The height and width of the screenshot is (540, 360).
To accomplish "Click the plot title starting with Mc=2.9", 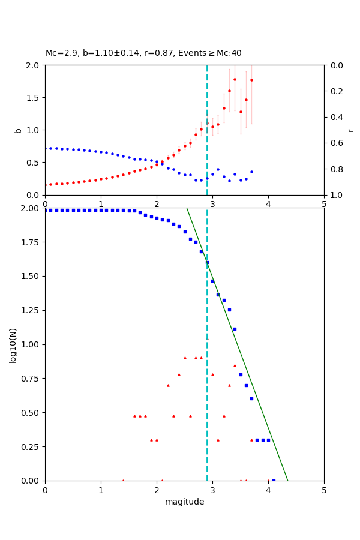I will tap(143, 53).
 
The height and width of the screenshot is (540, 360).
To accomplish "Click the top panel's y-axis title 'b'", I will tap(18, 130).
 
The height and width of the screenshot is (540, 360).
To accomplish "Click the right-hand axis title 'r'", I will tap(350, 130).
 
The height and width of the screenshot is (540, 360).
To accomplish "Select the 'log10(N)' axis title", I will tap(13, 344).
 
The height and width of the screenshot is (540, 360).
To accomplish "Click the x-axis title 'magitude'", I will tap(184, 502).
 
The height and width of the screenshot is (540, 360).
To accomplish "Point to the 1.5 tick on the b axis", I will tap(34, 97).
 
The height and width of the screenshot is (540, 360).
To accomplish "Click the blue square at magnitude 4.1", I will tap(274, 481).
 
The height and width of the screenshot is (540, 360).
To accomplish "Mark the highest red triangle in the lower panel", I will tap(207, 339).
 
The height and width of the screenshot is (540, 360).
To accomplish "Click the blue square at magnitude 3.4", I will tap(235, 329).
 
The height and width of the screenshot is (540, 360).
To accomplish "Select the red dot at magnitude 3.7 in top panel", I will tap(251, 80).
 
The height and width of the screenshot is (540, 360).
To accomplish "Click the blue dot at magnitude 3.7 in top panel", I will tap(251, 172).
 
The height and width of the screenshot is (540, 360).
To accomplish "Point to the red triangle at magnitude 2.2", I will tap(168, 385).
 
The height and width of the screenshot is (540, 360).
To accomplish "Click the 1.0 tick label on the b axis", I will tap(34, 130).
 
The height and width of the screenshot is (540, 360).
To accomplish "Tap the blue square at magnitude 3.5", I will tap(241, 374).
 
